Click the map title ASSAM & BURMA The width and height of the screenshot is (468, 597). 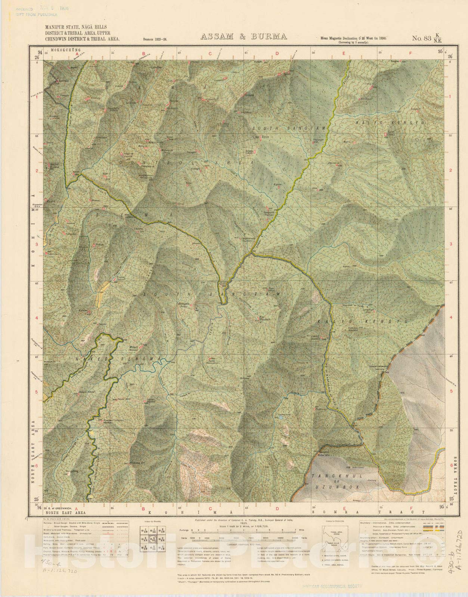click(x=244, y=37)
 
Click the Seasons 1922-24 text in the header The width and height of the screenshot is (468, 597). click(x=154, y=39)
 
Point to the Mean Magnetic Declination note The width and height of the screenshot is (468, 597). click(x=353, y=38)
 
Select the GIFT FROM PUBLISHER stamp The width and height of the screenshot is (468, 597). click(x=36, y=15)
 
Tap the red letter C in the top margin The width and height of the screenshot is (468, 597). click(x=210, y=53)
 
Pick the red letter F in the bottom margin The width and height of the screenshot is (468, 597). click(x=410, y=508)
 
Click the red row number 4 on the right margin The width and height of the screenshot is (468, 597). click(x=450, y=318)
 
